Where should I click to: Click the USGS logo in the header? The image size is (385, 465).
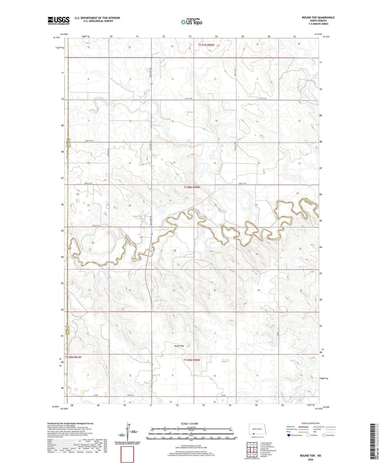click(x=59, y=21)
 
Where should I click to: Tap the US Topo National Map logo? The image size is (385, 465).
click(x=191, y=22)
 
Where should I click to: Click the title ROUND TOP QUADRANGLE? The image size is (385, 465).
click(x=318, y=18)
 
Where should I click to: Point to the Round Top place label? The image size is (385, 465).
click(x=179, y=346)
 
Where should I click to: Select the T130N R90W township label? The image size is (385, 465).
click(x=191, y=187)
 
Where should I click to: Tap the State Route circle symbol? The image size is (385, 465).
click(x=324, y=435)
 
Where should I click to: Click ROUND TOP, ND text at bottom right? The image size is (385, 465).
click(x=310, y=456)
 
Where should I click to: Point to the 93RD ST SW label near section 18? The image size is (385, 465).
click(x=88, y=183)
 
